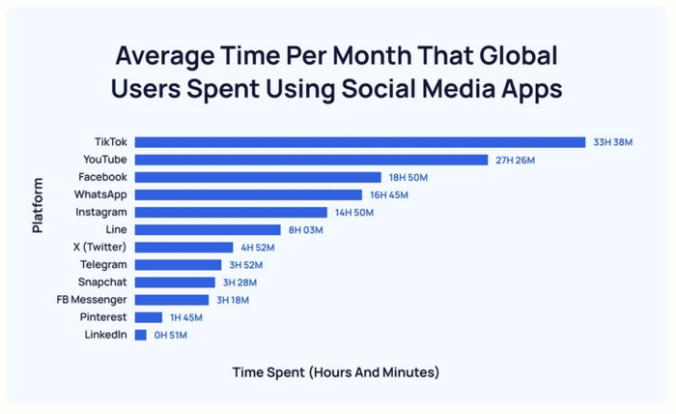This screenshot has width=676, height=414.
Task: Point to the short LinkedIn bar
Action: click(x=141, y=335)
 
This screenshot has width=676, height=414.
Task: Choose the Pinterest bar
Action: click(x=149, y=317)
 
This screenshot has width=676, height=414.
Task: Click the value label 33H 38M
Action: click(x=612, y=142)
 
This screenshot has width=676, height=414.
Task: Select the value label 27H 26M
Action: click(x=515, y=160)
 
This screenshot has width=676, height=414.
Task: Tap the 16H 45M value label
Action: click(x=389, y=194)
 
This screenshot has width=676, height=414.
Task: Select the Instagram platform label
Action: click(x=101, y=212)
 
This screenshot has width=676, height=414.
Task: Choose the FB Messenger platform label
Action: click(x=93, y=300)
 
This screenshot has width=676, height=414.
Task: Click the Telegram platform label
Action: click(x=103, y=264)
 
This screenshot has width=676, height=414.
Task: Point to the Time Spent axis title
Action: click(x=336, y=371)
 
